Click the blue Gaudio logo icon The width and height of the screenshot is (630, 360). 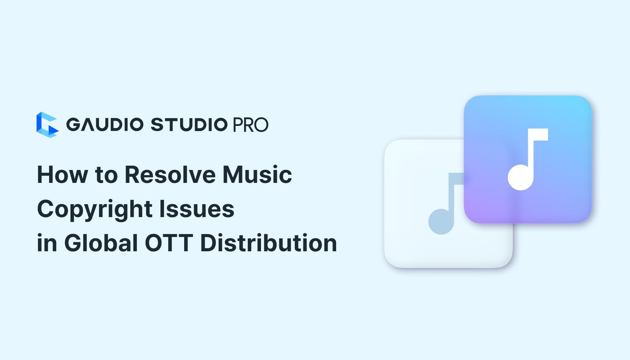[x=47, y=125]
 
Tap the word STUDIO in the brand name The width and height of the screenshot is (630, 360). [x=189, y=125]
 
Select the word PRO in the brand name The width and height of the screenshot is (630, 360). [x=251, y=125]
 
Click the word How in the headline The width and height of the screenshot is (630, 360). [x=62, y=175]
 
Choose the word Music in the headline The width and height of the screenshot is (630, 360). [x=257, y=175]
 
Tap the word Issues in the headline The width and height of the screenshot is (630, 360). [x=197, y=209]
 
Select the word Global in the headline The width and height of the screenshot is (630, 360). [x=101, y=243]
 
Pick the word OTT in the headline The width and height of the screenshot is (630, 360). [x=169, y=243]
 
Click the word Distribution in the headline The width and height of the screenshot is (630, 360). [x=269, y=243]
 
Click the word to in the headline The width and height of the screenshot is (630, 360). [x=106, y=175]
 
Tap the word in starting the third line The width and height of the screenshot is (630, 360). [x=47, y=243]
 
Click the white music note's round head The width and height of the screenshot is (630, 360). [x=520, y=177]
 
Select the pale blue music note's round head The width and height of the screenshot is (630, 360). [x=441, y=222]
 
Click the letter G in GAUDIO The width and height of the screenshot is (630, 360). [x=72, y=125]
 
